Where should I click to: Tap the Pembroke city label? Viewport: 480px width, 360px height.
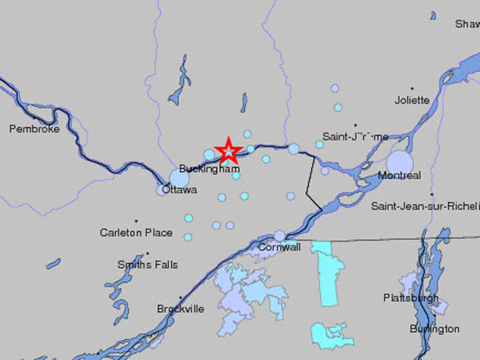coord(34,129)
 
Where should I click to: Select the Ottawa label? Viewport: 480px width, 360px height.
coord(180,190)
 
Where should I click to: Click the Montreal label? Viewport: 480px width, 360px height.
coord(399,176)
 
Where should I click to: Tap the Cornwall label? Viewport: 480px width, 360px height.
coord(279,248)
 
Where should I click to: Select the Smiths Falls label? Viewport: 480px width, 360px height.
coord(147,264)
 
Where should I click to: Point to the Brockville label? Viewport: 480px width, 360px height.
coord(180,309)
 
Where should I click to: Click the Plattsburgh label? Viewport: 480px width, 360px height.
coord(411,298)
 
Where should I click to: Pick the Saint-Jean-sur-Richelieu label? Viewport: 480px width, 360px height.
coord(425,206)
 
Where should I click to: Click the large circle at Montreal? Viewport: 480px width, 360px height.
coord(400,163)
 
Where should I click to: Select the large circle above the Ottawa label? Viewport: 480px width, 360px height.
coord(180,178)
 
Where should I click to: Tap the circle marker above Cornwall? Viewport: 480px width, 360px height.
coord(280,235)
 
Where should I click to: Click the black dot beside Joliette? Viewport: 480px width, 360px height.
coord(412,88)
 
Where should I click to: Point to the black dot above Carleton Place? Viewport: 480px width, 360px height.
coord(136,221)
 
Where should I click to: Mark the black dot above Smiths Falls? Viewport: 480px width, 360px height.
coord(148,252)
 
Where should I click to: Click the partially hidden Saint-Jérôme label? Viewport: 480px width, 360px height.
coord(355,137)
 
